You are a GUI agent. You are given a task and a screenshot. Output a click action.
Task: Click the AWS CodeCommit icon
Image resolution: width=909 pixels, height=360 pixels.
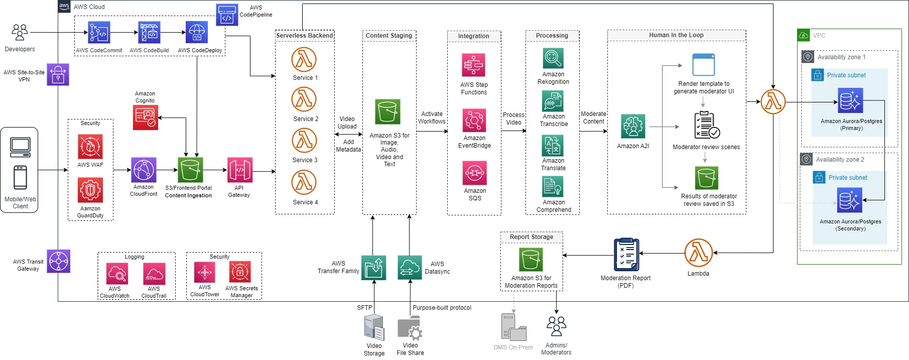99,33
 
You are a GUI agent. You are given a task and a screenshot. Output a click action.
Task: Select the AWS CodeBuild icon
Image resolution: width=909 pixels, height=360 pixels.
149,33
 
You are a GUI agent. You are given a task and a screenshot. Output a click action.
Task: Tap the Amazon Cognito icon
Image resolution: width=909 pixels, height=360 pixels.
146,117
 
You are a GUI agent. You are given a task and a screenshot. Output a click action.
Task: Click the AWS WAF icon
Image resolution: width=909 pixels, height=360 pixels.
90,147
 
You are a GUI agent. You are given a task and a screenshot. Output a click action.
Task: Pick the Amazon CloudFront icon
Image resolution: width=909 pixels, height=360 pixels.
144,170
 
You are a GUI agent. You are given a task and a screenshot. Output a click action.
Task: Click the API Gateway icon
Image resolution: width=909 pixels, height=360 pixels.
239,170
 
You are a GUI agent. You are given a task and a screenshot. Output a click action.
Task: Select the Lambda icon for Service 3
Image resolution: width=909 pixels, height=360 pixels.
304,141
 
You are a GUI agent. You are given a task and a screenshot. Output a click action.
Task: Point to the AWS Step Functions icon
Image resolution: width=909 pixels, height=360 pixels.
473,65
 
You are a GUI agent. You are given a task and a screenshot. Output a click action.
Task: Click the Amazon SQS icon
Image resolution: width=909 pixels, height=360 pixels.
475,173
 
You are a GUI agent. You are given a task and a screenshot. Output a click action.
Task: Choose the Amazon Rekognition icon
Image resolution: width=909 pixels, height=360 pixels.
553,58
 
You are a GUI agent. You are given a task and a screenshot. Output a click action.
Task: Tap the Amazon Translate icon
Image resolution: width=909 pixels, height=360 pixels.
553,146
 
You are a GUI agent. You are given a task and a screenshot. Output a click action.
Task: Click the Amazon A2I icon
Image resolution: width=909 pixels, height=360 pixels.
633,127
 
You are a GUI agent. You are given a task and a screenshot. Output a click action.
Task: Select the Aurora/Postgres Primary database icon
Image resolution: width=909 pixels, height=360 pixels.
850,101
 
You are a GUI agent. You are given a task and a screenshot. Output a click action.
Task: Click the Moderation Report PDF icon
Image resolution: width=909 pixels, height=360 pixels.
626,255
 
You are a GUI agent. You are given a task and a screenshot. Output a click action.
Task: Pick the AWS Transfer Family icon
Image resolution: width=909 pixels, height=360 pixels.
373,268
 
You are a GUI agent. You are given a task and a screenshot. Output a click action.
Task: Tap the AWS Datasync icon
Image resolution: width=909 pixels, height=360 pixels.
410,268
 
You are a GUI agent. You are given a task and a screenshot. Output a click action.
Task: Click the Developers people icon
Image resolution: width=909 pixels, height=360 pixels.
20,33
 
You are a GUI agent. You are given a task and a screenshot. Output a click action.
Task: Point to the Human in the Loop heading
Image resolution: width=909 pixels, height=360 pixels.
676,35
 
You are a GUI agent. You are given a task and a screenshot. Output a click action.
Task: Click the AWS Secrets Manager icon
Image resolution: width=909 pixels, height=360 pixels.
240,273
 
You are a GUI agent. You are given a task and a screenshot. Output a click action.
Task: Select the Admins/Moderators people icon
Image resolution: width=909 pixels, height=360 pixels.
556,326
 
